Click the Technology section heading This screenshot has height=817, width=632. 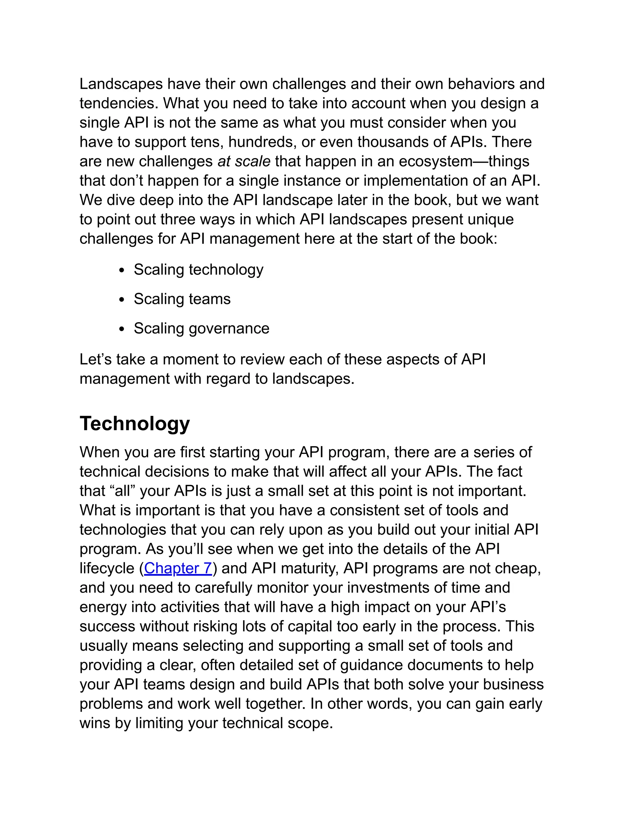click(x=135, y=424)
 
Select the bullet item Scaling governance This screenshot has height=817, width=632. click(x=202, y=328)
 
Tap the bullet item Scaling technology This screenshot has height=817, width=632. click(x=198, y=269)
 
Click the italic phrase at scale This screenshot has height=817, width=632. click(x=244, y=161)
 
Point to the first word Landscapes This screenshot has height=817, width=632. click(x=121, y=84)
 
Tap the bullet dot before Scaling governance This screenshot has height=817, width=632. click(x=121, y=329)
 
